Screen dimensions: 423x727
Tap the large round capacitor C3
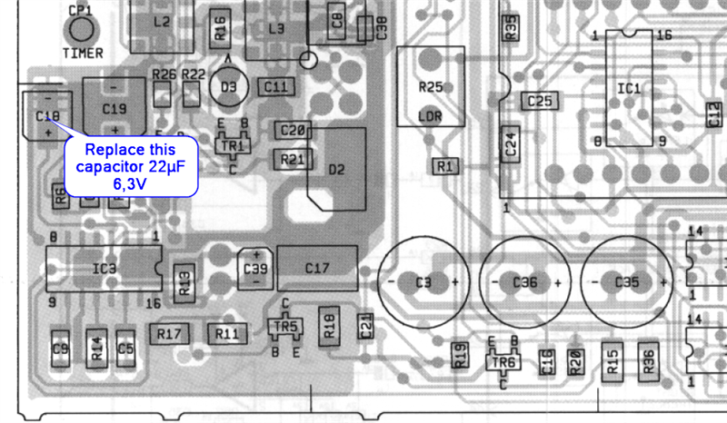[423, 282]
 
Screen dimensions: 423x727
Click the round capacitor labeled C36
[525, 282]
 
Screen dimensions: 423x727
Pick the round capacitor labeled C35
[627, 282]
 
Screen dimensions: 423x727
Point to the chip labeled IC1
[629, 89]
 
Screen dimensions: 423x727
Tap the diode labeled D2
[337, 169]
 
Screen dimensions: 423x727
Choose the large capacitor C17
[317, 268]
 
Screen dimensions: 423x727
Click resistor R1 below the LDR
[444, 167]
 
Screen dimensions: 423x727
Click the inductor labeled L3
[276, 29]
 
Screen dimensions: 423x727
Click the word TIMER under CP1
[84, 53]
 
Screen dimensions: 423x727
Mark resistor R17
[169, 334]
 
